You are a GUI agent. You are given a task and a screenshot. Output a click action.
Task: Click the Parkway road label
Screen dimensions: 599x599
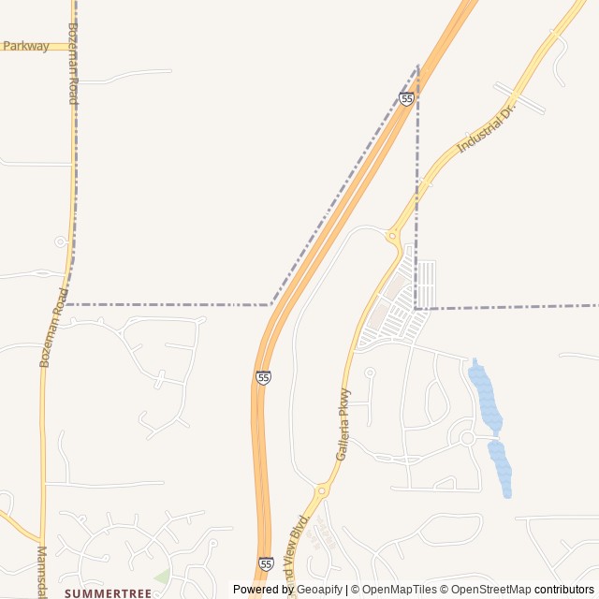tap(26, 46)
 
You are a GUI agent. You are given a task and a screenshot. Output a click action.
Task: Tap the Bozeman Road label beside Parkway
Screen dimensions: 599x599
tap(73, 63)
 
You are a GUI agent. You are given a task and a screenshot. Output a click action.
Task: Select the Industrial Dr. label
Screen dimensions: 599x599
tap(487, 131)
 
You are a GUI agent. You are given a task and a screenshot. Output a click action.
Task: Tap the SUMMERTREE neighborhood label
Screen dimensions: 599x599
tap(107, 593)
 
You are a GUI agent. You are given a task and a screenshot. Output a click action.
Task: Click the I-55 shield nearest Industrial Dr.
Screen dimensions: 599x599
tap(406, 98)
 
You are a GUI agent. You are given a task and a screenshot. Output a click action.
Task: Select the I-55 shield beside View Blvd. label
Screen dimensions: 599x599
tap(266, 563)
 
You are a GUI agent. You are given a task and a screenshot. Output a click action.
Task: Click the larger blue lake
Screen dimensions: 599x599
tap(484, 397)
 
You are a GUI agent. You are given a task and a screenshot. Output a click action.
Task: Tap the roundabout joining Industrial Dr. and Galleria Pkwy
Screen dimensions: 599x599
tap(391, 237)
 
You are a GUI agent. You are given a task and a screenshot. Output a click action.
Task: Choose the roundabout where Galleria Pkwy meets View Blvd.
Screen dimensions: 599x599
tap(322, 489)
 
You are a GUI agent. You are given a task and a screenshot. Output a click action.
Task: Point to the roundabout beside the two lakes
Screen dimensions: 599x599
tap(466, 437)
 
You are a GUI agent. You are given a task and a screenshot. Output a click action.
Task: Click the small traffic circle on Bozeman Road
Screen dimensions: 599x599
tap(60, 241)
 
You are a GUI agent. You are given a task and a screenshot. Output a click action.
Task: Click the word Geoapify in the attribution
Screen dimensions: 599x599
tap(319, 590)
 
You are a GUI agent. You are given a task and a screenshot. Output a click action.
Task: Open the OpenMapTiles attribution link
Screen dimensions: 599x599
tap(400, 590)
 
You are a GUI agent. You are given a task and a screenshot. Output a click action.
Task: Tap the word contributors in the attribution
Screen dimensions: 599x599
tap(564, 590)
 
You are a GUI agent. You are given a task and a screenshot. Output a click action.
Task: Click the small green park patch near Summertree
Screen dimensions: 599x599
tap(163, 575)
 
